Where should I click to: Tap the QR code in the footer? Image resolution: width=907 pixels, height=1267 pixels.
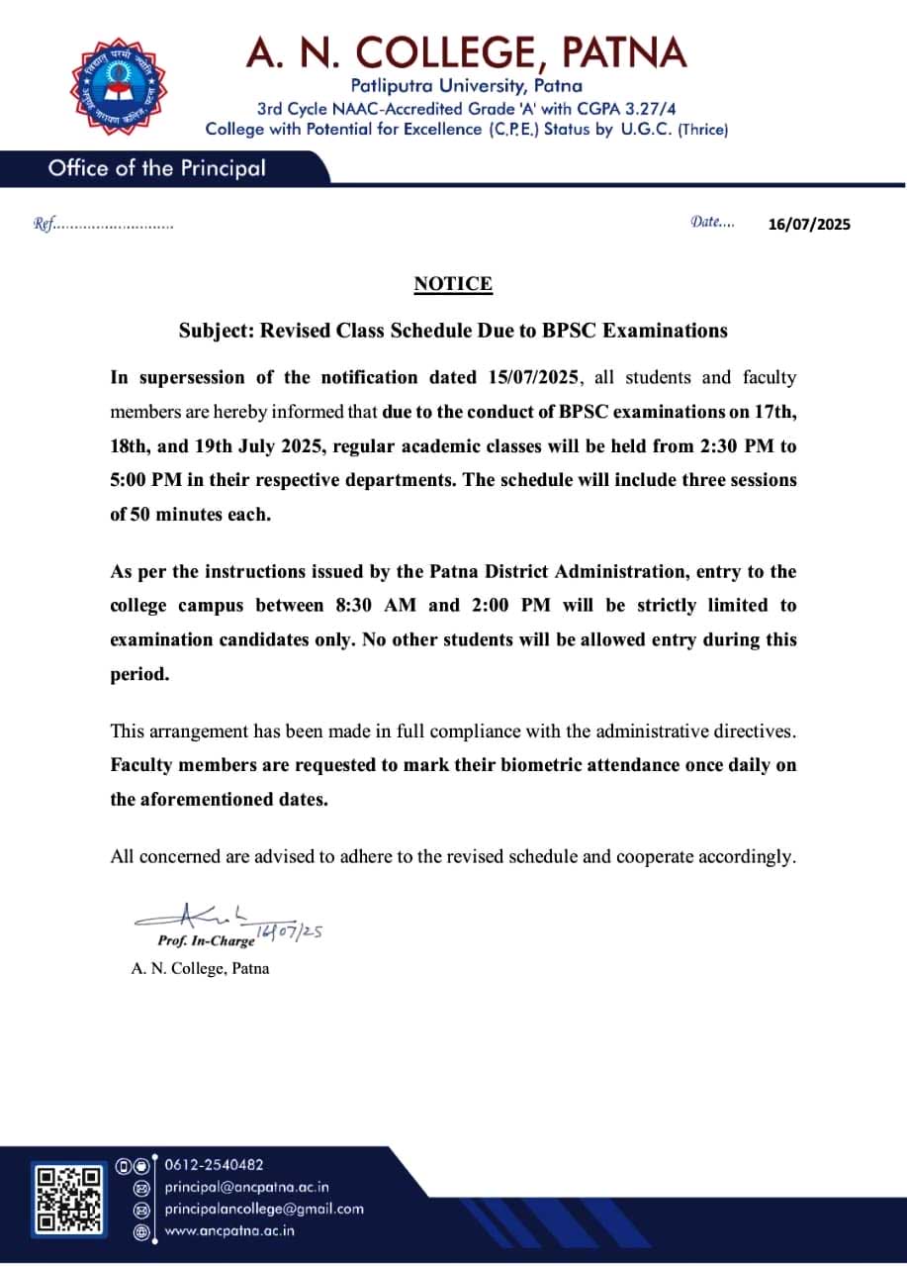pos(68,1201)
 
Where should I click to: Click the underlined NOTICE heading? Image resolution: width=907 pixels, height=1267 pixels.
pos(453,284)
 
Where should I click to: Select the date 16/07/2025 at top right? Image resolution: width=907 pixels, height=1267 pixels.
pos(809,224)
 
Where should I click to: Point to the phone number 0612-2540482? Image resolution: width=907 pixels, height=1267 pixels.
pos(214,1165)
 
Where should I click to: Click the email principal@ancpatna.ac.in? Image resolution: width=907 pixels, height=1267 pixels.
pos(246,1187)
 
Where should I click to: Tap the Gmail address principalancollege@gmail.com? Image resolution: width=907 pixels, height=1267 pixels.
pos(264,1209)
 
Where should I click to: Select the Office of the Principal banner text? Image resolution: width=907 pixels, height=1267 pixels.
pos(156,168)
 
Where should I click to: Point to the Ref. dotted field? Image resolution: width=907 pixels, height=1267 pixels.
pos(104,225)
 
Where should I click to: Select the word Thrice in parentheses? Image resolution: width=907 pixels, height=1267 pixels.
pos(702,130)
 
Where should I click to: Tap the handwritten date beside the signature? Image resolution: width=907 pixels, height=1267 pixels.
pos(290,931)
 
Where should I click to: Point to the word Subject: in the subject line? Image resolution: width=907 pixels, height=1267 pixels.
pos(216,331)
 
